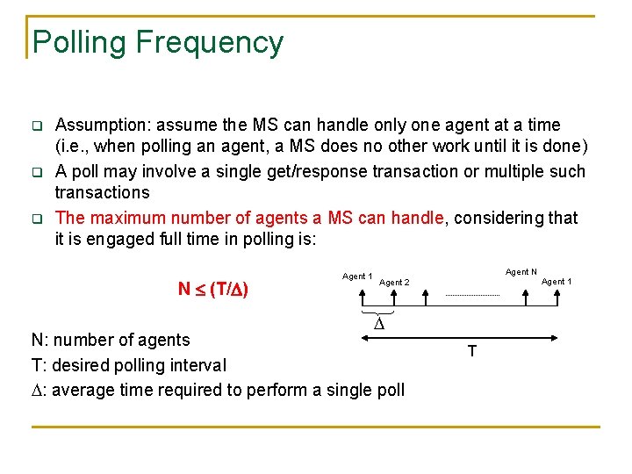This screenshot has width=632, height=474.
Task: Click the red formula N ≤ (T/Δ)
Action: click(212, 289)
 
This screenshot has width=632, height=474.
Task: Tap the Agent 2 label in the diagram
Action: click(394, 283)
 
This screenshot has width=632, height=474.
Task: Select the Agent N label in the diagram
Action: click(521, 272)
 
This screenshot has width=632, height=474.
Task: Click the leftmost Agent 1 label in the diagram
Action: click(357, 276)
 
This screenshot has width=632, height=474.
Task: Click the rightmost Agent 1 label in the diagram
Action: click(557, 282)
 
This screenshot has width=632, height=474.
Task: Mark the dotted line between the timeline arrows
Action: click(473, 296)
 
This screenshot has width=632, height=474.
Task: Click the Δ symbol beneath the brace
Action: click(379, 325)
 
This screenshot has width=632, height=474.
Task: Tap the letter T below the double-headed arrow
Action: click(472, 352)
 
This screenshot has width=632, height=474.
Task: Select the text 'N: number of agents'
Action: click(111, 340)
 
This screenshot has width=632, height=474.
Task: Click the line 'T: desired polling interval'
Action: click(128, 364)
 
